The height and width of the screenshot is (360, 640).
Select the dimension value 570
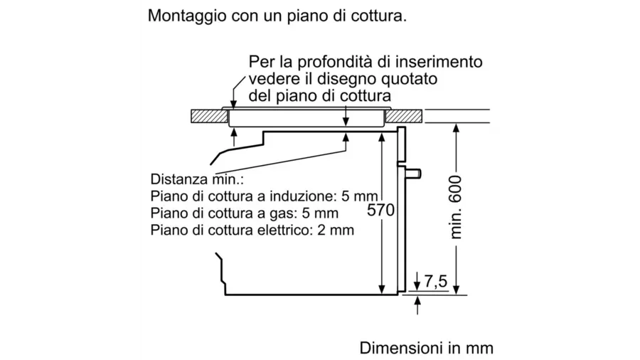[381, 210]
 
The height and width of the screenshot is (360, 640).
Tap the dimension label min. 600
[455, 207]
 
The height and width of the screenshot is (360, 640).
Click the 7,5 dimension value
[435, 282]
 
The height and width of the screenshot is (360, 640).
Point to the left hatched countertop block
[209, 117]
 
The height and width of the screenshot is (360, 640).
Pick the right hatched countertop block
[404, 117]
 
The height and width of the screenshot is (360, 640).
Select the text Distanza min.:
[197, 179]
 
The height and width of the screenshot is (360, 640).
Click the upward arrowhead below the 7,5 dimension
[417, 300]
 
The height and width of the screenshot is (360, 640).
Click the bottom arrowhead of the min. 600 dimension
[457, 290]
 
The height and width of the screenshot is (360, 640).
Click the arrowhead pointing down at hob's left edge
[233, 105]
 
